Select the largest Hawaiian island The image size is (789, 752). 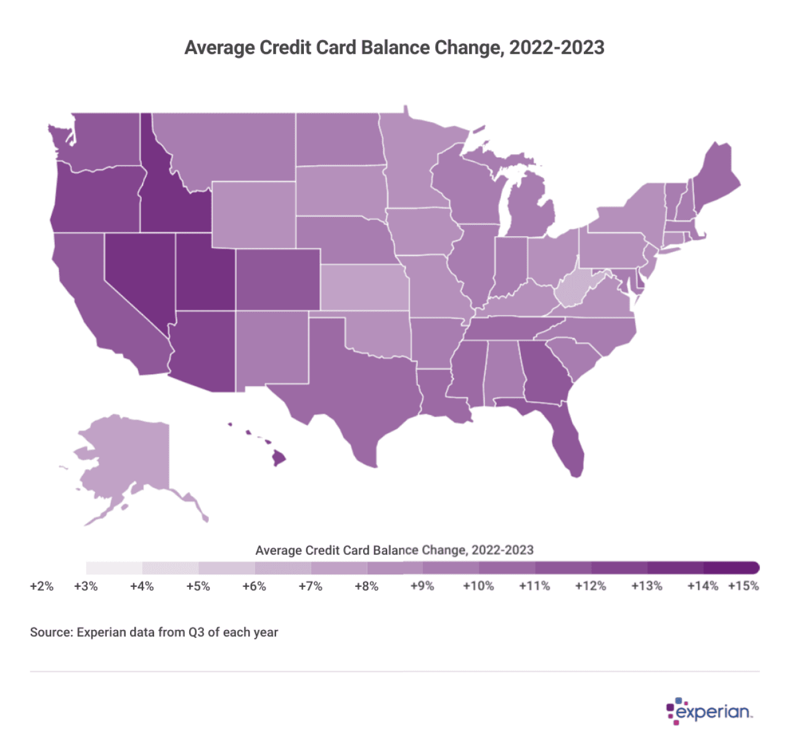tap(279, 458)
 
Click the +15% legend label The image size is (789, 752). tap(743, 586)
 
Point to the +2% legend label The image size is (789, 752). tap(42, 586)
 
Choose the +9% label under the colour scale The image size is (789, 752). tap(422, 586)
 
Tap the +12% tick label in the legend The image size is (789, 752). tap(590, 586)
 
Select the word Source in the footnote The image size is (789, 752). tap(51, 632)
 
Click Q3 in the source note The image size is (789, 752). tap(197, 632)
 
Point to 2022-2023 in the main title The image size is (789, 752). tap(557, 47)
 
